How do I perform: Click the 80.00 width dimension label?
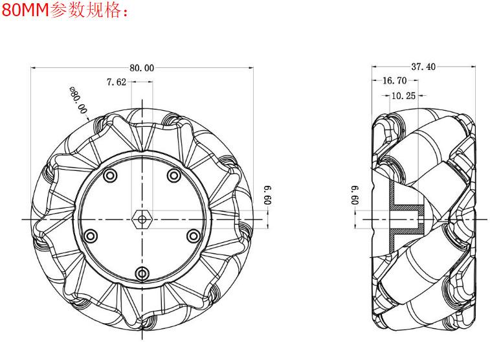(x=142, y=67)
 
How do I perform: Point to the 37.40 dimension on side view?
(x=423, y=67)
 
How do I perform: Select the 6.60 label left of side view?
(x=354, y=194)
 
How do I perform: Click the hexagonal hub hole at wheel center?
(x=142, y=219)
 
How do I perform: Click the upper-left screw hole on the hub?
(x=111, y=175)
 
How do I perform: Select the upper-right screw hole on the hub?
(x=173, y=175)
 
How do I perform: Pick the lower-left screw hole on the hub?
(x=91, y=235)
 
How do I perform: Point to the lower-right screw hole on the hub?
(x=192, y=235)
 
